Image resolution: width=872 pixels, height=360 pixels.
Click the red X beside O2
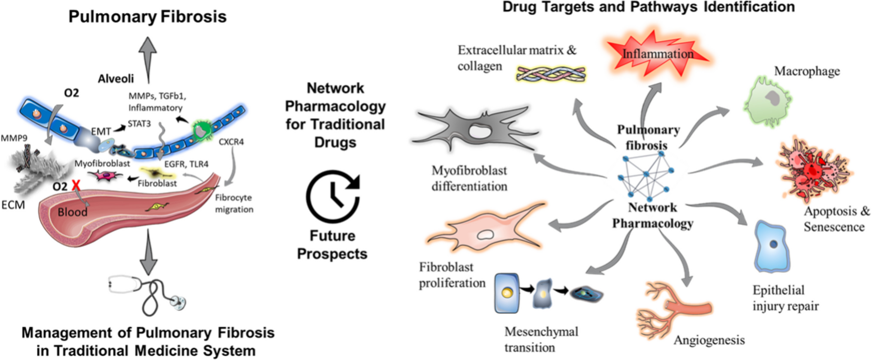coord(76,185)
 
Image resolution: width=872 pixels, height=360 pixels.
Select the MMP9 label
coord(14,138)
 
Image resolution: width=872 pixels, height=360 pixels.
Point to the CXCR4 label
coord(231,142)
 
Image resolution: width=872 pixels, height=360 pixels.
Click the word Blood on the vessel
coord(72,212)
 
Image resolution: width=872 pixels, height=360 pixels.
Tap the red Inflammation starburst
coord(658,54)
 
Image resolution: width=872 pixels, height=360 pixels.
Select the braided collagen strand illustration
coord(551,74)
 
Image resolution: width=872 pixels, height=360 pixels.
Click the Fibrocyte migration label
coord(234,203)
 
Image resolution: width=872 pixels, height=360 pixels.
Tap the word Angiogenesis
coord(709,340)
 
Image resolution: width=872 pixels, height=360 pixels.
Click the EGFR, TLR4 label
coord(186,164)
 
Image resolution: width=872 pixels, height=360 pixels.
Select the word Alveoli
coord(116,79)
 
